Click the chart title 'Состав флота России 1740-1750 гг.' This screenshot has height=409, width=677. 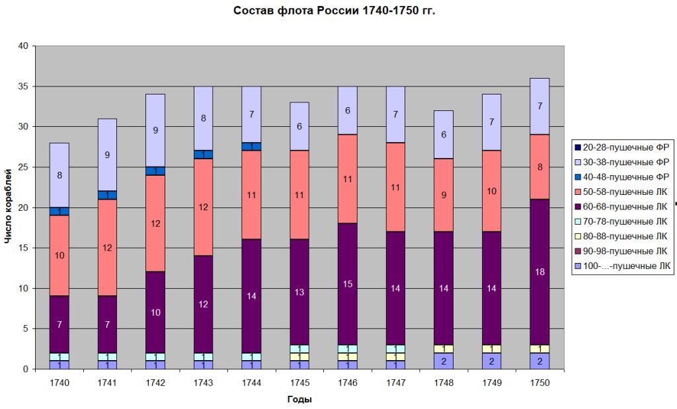(335, 11)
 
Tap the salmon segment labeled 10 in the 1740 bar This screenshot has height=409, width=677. (60, 255)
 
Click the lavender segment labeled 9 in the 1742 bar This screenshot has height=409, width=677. (155, 130)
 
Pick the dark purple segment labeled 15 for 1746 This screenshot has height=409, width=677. (346, 283)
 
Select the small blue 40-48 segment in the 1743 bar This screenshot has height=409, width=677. (203, 155)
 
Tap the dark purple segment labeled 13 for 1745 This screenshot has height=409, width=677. (299, 291)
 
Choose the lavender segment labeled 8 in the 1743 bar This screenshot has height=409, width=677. (203, 119)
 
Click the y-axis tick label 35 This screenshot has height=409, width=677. (23, 87)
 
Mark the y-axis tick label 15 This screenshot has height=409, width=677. (23, 248)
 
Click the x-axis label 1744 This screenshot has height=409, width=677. (251, 383)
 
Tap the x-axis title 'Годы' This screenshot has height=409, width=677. (299, 399)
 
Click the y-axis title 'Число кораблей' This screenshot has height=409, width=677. (8, 206)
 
